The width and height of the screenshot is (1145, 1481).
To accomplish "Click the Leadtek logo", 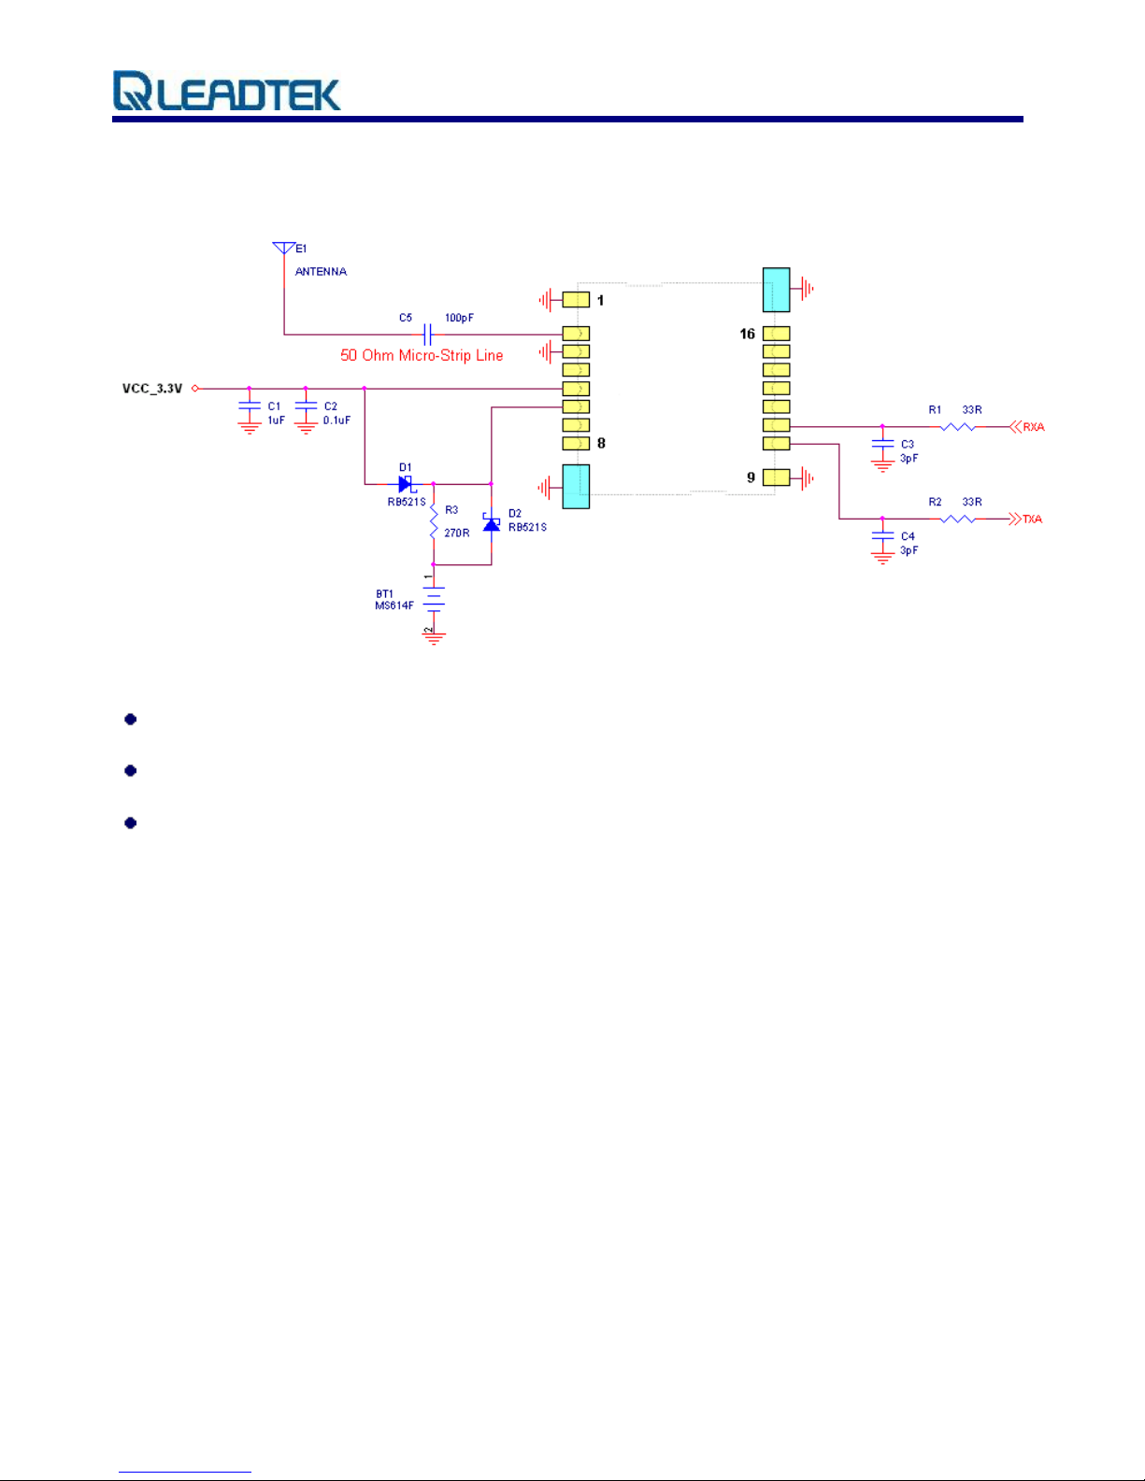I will [227, 92].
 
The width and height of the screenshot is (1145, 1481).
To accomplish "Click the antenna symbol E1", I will [284, 249].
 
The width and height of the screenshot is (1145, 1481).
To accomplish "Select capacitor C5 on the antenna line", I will [427, 334].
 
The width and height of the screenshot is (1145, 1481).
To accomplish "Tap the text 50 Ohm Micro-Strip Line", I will [422, 355].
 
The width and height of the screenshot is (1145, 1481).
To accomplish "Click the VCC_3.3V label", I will [152, 389].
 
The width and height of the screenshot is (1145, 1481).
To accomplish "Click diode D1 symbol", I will [406, 484].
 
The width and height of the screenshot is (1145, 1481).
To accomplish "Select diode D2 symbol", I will [492, 523].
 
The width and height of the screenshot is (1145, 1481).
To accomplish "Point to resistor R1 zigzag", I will [957, 427].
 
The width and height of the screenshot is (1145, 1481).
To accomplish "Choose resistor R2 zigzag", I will [957, 519].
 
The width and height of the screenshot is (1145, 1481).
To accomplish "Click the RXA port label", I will [1033, 427].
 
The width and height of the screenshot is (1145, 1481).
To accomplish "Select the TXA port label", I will [1032, 520].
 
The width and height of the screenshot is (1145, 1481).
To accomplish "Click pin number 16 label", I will [748, 334].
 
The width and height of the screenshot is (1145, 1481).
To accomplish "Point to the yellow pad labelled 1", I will [576, 300].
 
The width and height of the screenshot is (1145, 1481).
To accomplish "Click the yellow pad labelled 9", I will [777, 477].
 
